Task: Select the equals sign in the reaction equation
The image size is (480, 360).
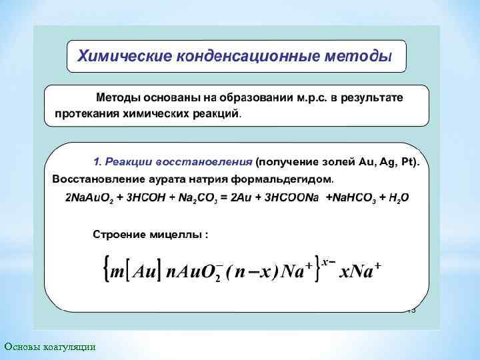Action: tap(224, 199)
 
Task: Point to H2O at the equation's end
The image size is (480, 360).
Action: tap(397, 199)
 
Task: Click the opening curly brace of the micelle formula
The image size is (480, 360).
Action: tap(105, 271)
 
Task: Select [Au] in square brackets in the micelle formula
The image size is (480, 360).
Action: tap(145, 271)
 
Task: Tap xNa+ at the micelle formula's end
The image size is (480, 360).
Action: tap(360, 271)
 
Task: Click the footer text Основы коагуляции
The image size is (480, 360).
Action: tap(50, 347)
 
